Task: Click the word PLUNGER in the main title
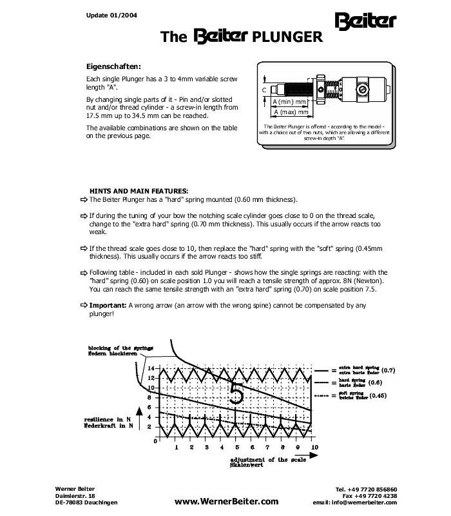pyautogui.click(x=287, y=37)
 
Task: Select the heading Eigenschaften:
pyautogui.click(x=113, y=66)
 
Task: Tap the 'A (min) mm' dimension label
pyautogui.click(x=289, y=102)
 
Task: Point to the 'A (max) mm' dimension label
pyautogui.click(x=289, y=112)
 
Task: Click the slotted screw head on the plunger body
pyautogui.click(x=362, y=88)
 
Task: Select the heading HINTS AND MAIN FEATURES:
pyautogui.click(x=139, y=191)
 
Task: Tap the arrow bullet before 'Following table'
pyautogui.click(x=83, y=272)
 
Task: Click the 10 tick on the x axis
pyautogui.click(x=313, y=447)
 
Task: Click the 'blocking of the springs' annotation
pyautogui.click(x=121, y=348)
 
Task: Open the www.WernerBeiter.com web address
pyautogui.click(x=226, y=501)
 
